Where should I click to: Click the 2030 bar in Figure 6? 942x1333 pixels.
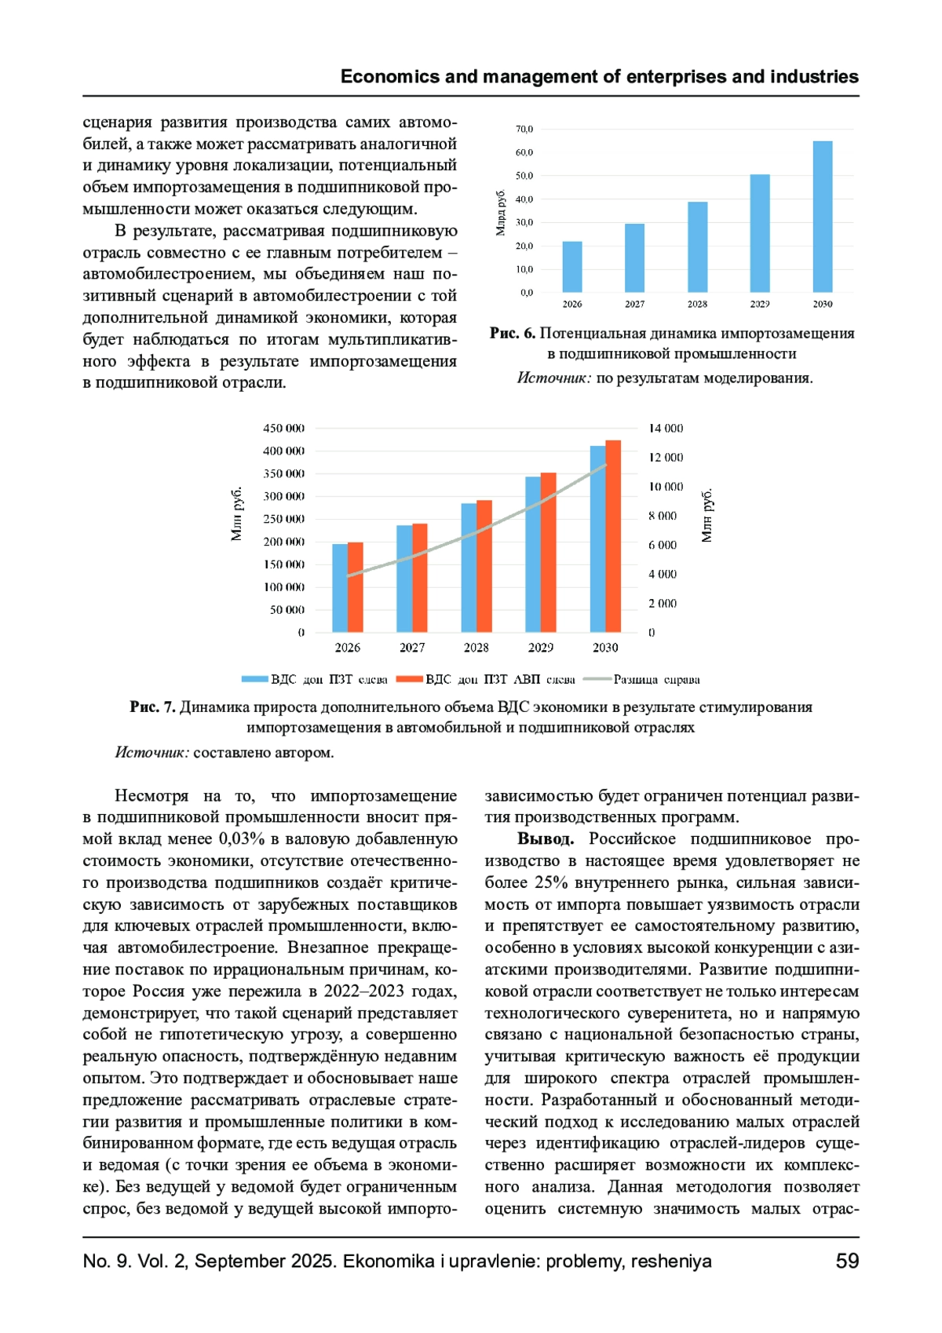click(822, 217)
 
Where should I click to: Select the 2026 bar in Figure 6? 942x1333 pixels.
click(572, 267)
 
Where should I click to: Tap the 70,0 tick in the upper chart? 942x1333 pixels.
click(524, 129)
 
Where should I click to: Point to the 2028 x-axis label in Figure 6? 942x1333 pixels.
click(697, 304)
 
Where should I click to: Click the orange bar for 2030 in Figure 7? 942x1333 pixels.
click(613, 536)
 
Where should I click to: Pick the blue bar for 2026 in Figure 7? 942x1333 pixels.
click(340, 588)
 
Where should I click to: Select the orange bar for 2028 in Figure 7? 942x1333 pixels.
click(484, 566)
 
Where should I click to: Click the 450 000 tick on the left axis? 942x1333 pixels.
click(283, 428)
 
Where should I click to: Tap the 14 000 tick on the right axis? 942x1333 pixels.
click(666, 428)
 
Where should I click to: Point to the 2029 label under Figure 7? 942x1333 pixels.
click(540, 648)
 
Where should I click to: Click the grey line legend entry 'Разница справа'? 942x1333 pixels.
click(656, 679)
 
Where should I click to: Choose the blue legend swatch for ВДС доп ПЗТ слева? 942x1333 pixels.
click(255, 679)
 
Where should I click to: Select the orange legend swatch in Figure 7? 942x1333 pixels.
click(410, 679)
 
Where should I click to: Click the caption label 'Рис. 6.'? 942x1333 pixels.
click(512, 333)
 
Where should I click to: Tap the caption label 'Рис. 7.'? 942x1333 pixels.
click(152, 707)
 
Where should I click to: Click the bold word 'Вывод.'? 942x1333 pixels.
click(545, 839)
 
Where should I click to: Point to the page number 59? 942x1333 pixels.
click(847, 1262)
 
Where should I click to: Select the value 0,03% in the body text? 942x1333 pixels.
click(242, 839)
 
